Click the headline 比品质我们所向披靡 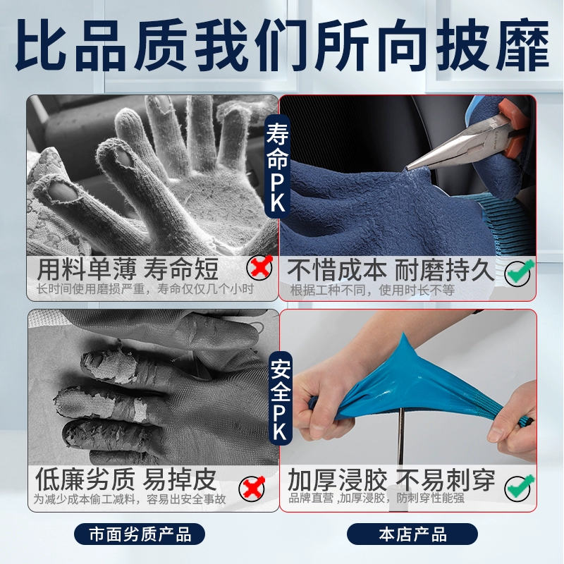click(x=283, y=44)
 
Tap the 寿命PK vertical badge click(x=277, y=166)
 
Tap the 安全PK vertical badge click(x=281, y=398)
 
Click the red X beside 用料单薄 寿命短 click(x=259, y=268)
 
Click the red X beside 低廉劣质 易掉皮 click(x=252, y=487)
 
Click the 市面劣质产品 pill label click(x=140, y=534)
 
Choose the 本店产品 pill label click(x=412, y=534)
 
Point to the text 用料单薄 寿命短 click(x=128, y=269)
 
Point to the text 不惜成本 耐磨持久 click(x=391, y=270)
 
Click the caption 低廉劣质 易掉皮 click(x=126, y=479)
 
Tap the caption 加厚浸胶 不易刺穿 click(x=391, y=479)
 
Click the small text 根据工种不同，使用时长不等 click(x=373, y=290)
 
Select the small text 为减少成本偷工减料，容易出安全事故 click(x=130, y=499)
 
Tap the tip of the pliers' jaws click(x=407, y=168)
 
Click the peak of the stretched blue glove click(x=403, y=336)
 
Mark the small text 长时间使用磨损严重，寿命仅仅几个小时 click(x=145, y=289)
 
